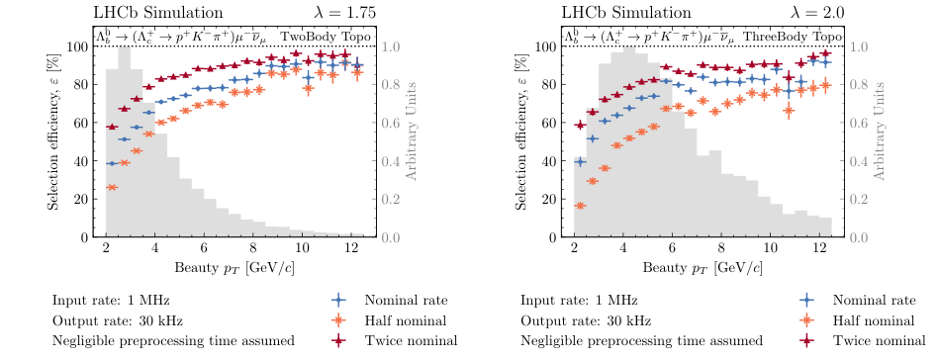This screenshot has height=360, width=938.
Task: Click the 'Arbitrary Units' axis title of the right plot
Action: pos(878,140)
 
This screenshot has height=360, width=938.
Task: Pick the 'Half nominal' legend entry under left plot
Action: pos(403,320)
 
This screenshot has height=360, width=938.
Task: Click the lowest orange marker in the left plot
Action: pos(112,187)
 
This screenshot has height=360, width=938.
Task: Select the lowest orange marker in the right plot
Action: pos(580,206)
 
